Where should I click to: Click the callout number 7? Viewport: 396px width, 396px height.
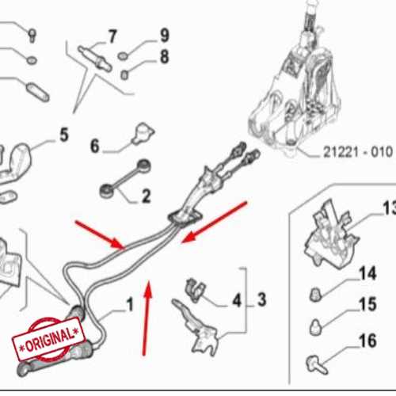point(112,36)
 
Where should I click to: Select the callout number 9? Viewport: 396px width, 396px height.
point(165,36)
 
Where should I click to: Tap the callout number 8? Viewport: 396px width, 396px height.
point(165,56)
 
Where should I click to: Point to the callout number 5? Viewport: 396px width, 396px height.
point(64,135)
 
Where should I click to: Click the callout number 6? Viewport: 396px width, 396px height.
point(95,146)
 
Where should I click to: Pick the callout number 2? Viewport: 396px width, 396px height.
point(147,196)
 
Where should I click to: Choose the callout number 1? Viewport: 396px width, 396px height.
point(130,304)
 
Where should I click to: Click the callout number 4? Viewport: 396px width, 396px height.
point(237,300)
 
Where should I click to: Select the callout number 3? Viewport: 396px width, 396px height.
point(261,299)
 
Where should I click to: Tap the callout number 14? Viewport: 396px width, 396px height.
point(367,273)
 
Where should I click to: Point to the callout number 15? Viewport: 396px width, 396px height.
point(367,304)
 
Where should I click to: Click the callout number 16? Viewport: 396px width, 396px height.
point(367,341)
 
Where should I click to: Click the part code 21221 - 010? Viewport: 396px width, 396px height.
point(358,152)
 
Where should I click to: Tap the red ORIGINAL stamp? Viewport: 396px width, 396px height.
point(49,340)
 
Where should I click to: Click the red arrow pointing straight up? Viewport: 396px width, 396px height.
point(146,318)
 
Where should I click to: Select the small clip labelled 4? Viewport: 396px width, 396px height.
point(195,290)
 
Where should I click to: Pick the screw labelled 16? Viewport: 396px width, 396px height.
point(317,364)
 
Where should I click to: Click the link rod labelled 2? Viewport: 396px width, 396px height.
point(125,178)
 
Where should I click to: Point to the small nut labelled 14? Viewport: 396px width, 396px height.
point(315,295)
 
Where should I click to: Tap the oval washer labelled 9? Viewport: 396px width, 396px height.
point(123,56)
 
